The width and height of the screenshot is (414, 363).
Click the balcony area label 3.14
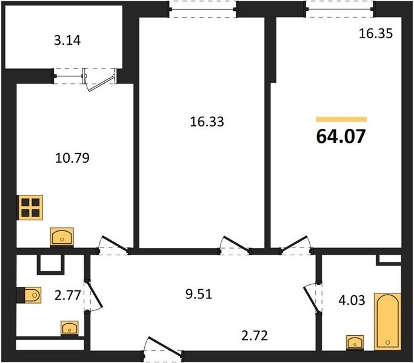[x=67, y=41]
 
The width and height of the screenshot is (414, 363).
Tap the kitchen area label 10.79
[x=72, y=158]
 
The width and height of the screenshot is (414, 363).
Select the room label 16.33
[x=207, y=122]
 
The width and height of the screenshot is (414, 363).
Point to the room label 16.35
[x=376, y=33]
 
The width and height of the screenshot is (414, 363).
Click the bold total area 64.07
[x=341, y=136]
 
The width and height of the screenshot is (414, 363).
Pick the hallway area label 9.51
[x=199, y=294]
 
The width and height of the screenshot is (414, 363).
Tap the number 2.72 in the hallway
[x=255, y=336]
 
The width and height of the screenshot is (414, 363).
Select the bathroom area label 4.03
[x=352, y=300]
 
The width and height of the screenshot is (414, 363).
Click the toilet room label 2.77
[x=68, y=295]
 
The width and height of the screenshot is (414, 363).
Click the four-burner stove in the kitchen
[x=30, y=208]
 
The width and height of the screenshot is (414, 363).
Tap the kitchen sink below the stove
[x=62, y=238]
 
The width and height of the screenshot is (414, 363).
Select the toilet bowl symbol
[x=29, y=295]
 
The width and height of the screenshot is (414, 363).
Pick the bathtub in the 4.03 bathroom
[x=387, y=321]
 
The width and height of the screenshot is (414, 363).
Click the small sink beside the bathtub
[x=355, y=342]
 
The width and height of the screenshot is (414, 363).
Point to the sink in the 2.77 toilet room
[x=70, y=328]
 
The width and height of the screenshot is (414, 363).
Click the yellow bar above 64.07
[x=341, y=119]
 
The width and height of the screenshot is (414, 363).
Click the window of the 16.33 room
[x=202, y=10]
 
